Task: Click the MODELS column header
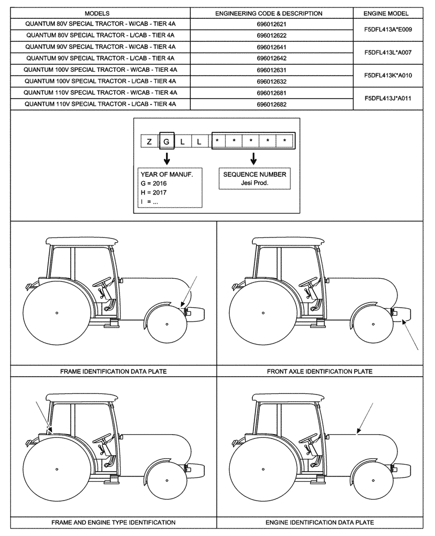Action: point(97,13)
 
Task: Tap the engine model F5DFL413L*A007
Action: point(388,53)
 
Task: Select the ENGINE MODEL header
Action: point(386,13)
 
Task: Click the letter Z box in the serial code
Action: point(148,142)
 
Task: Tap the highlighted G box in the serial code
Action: point(167,142)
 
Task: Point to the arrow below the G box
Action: point(167,158)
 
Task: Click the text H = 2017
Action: point(153,192)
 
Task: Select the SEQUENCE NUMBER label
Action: point(254,174)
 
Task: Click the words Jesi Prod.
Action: point(254,183)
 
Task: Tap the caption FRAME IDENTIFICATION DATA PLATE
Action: point(113,371)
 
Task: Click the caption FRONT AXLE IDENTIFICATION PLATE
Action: point(319,371)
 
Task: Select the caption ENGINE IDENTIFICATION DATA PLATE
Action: point(319,522)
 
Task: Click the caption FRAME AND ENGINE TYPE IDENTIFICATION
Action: point(113,522)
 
